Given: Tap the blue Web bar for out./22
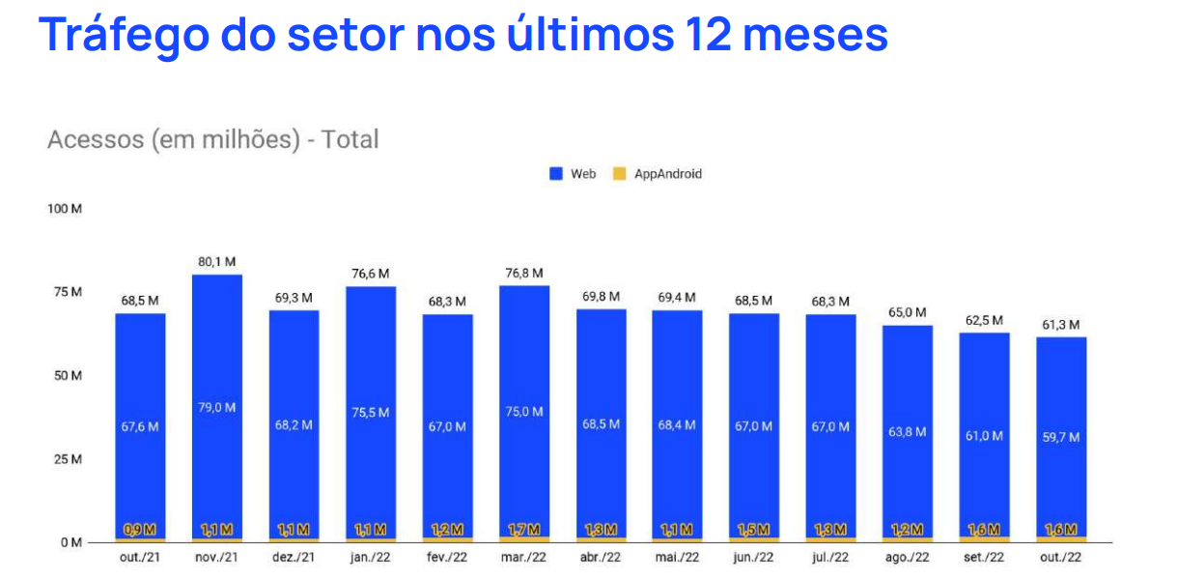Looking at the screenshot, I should click(1061, 387).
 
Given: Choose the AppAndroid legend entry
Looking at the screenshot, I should click(658, 174).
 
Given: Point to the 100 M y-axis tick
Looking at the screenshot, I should click(65, 209).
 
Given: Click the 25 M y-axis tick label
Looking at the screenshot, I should click(67, 458).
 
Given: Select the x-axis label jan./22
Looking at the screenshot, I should click(371, 558).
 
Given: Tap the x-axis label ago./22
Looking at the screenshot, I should click(907, 558).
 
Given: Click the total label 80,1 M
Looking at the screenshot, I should click(217, 261).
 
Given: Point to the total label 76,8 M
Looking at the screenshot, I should click(524, 273).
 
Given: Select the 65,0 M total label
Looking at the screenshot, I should click(907, 312).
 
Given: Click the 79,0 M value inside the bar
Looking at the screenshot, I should click(217, 407).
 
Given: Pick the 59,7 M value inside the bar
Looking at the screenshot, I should click(1061, 437).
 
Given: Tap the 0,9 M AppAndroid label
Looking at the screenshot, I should click(140, 530).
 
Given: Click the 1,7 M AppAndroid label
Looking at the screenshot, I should click(524, 530).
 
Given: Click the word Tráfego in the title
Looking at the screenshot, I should click(122, 35).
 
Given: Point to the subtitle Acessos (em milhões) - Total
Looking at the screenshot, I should click(212, 139).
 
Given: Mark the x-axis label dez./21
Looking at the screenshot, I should click(294, 558).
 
